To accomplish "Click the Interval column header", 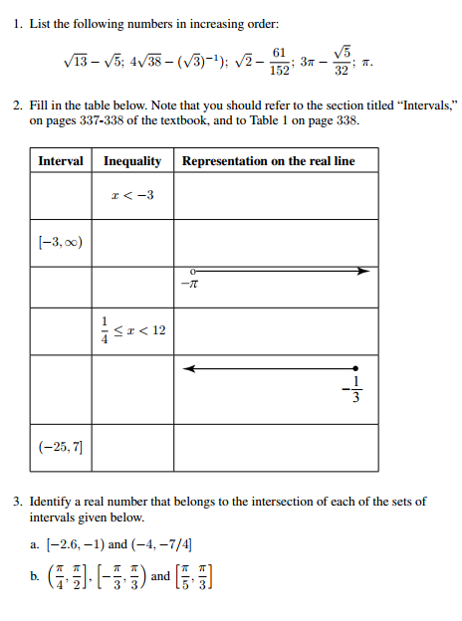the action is coord(61,161).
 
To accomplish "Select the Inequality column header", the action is coord(132,161).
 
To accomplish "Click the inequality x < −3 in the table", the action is coord(132,195).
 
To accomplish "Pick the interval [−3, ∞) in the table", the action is coord(61,242).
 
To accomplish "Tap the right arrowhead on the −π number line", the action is coord(363,271).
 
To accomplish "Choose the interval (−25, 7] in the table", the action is coord(61,448).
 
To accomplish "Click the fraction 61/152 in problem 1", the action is coord(280,61).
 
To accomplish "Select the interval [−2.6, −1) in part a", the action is coord(74,544).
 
